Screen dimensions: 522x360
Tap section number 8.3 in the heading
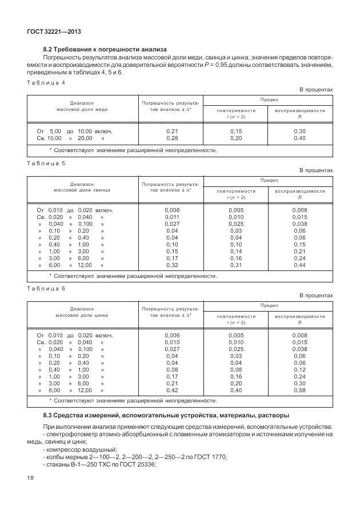click(49, 415)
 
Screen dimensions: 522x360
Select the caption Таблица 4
click(46, 82)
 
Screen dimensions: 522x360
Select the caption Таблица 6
click(46, 288)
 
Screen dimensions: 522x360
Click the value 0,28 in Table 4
click(171, 138)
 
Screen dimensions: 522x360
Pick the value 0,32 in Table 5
click(171, 265)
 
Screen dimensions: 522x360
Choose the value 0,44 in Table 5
click(299, 265)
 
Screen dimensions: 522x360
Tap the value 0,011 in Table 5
click(171, 217)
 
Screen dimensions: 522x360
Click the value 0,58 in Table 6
click(299, 390)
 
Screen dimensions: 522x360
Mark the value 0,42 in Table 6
click(171, 390)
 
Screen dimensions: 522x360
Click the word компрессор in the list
click(63, 449)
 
